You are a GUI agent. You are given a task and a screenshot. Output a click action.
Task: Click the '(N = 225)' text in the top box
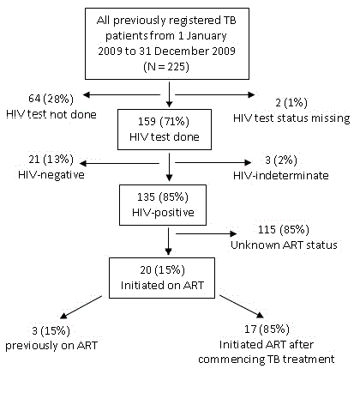click(166, 67)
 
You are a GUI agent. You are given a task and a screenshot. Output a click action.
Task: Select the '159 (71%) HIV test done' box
click(165, 130)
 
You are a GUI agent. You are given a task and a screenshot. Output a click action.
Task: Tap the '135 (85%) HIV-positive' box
click(163, 205)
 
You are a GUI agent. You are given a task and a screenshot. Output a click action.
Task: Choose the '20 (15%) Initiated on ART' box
click(162, 278)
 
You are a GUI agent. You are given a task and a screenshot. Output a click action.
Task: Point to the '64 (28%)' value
click(51, 99)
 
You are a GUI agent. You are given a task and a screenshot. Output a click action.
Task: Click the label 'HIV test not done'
click(51, 114)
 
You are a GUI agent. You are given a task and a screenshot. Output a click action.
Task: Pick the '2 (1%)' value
click(291, 103)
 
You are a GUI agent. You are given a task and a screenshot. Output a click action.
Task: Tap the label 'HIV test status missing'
click(291, 118)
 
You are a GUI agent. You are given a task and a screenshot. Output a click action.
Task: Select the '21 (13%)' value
click(51, 159)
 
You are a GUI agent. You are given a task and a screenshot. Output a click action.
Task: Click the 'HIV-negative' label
click(51, 175)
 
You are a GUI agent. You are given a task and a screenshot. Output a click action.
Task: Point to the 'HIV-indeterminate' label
click(281, 175)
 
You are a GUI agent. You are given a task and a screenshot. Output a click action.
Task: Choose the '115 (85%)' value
click(284, 230)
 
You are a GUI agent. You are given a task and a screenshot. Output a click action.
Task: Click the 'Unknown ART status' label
click(284, 245)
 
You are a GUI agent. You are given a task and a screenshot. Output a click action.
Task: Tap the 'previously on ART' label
click(51, 346)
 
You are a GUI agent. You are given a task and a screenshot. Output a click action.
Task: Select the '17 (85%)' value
click(267, 330)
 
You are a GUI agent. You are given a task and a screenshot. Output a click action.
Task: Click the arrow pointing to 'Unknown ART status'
click(207, 233)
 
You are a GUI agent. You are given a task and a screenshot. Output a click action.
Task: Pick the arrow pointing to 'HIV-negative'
click(119, 163)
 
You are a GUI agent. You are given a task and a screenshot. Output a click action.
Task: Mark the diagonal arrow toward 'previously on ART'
click(81, 307)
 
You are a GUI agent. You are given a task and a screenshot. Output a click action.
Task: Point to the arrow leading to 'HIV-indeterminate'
click(213, 162)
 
